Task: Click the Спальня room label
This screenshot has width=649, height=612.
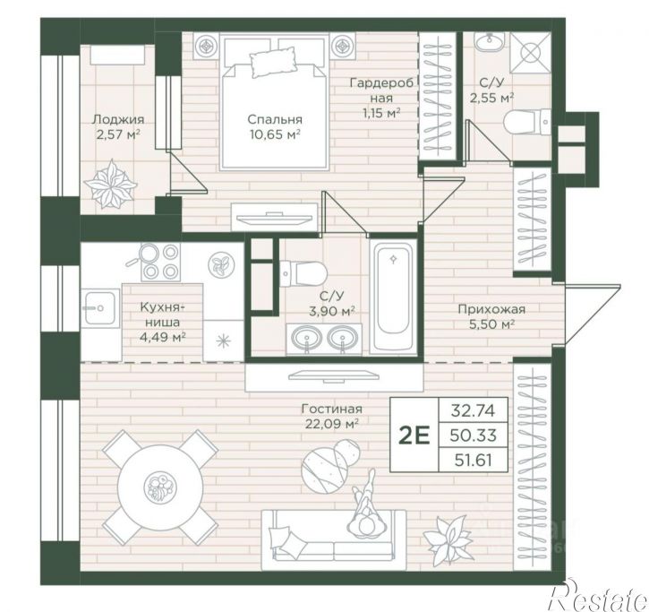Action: pyautogui.click(x=275, y=119)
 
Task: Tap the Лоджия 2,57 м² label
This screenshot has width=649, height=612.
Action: pyautogui.click(x=118, y=127)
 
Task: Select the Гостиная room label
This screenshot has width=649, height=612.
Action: pyautogui.click(x=331, y=409)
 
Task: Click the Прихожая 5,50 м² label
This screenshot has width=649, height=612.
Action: pyautogui.click(x=491, y=316)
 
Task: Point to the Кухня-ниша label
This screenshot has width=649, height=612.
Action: pyautogui.click(x=162, y=322)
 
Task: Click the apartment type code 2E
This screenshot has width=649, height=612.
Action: pyautogui.click(x=414, y=435)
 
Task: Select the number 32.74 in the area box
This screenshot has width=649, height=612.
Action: pyautogui.click(x=473, y=410)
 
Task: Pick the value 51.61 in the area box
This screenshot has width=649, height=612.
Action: pyautogui.click(x=473, y=460)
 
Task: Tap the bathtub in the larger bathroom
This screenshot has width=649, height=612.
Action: pyautogui.click(x=393, y=297)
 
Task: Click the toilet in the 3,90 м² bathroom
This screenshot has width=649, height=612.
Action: pyautogui.click(x=303, y=273)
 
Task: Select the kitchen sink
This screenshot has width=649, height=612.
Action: pyautogui.click(x=100, y=307)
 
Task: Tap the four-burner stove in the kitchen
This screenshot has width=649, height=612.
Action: pyautogui.click(x=160, y=262)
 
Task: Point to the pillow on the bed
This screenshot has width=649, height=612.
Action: pyautogui.click(x=274, y=63)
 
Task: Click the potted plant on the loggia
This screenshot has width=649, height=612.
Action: pyautogui.click(x=110, y=184)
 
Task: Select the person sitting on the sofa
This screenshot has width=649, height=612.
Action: pyautogui.click(x=367, y=505)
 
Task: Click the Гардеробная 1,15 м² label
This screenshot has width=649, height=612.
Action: pyautogui.click(x=381, y=99)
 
